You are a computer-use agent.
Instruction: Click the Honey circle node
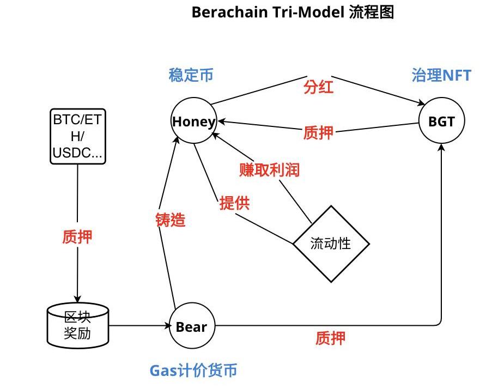[194, 121]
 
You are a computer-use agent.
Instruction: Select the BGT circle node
[441, 121]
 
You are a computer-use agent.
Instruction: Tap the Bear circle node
[192, 326]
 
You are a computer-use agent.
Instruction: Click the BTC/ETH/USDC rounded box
[77, 136]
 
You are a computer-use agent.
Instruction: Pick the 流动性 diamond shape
[331, 244]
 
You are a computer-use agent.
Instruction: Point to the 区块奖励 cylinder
[77, 325]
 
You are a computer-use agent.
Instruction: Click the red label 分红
[318, 87]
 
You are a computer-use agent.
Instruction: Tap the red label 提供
[234, 203]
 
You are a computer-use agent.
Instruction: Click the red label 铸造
[171, 220]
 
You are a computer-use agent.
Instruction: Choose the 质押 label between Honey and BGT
[318, 132]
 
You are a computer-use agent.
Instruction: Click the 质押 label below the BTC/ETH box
[77, 236]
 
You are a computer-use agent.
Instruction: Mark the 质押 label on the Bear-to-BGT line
[330, 338]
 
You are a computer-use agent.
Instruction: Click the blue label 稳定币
[191, 75]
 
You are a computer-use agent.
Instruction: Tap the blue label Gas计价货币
[193, 370]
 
